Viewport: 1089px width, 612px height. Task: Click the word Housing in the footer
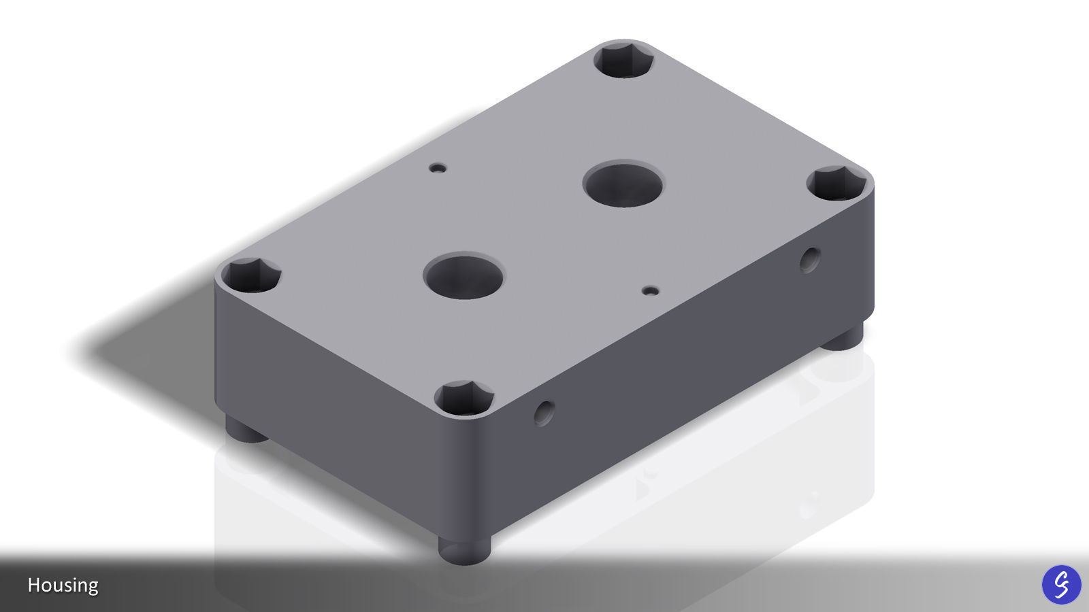pos(63,585)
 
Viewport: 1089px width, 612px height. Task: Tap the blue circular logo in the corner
pos(1061,584)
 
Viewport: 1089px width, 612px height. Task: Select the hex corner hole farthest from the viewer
pos(623,60)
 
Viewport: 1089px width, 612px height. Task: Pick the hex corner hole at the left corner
pos(251,275)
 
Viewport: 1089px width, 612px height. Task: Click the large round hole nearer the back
pos(623,184)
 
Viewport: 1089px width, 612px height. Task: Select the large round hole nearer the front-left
pos(463,276)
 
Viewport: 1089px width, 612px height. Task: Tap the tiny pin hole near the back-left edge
pos(438,167)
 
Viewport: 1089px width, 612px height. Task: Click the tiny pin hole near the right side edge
pos(651,290)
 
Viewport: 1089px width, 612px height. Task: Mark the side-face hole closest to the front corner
pos(544,412)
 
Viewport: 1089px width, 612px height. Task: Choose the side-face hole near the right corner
pos(809,260)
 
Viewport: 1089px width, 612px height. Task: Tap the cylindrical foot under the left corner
pos(246,430)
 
